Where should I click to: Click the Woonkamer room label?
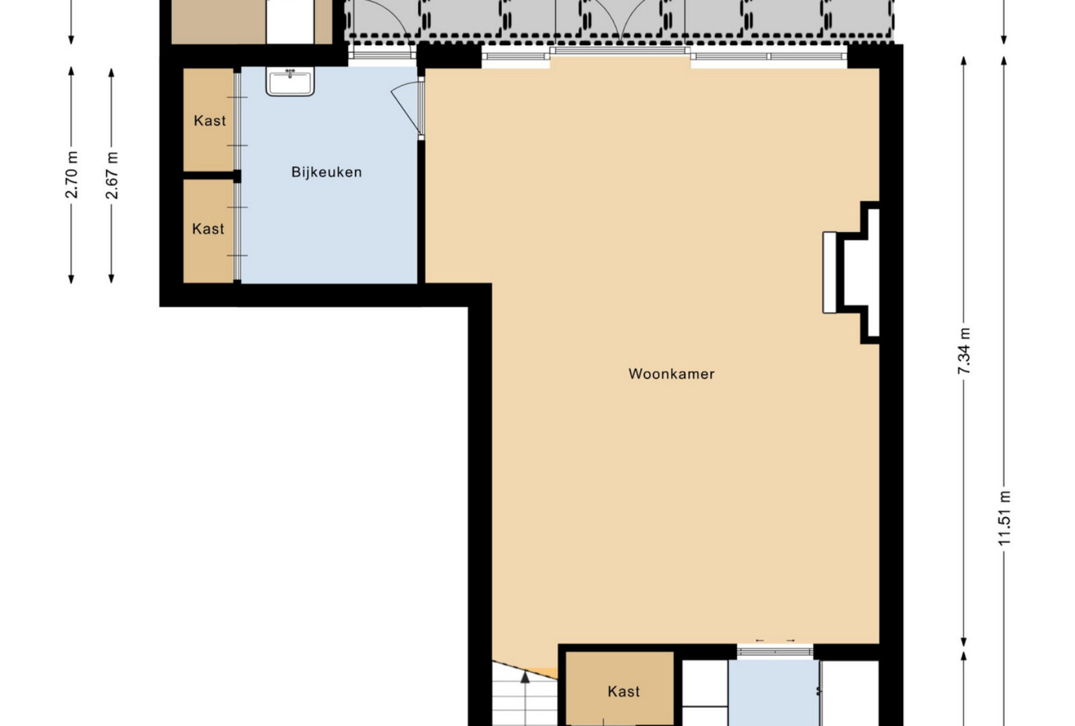tap(671, 374)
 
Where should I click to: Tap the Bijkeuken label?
tap(327, 172)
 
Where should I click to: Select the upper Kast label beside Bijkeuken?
tap(210, 120)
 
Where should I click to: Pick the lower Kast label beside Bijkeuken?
tap(208, 229)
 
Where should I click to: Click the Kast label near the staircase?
tap(623, 692)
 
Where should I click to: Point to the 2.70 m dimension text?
tap(71, 175)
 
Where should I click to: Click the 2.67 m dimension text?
tap(112, 175)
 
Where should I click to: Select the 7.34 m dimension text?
tap(963, 351)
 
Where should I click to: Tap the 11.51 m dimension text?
tap(1004, 518)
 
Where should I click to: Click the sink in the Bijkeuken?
tap(290, 81)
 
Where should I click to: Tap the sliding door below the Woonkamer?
tap(775, 651)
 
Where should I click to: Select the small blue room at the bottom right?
tap(774, 692)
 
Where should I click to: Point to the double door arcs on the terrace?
tap(621, 22)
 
